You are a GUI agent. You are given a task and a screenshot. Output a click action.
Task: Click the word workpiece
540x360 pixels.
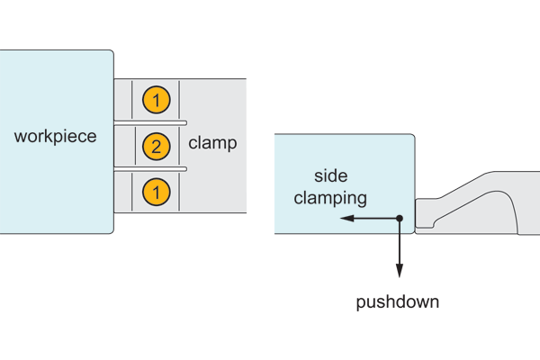click(56, 137)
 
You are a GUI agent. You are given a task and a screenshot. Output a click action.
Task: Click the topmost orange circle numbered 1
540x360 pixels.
click(156, 101)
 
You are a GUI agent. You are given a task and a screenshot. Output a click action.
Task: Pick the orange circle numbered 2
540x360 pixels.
click(156, 146)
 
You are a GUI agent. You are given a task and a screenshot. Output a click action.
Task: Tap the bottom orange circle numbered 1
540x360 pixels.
click(156, 191)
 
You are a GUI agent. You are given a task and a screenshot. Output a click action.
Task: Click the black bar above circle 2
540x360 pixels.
click(150, 122)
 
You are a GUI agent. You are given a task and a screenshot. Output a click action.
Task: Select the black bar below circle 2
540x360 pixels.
click(150, 168)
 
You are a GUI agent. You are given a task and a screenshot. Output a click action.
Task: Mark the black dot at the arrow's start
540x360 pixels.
click(400, 219)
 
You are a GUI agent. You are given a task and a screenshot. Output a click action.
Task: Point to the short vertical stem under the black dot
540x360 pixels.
click(400, 228)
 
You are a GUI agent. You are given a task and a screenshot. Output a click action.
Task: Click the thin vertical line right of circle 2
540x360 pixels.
click(179, 146)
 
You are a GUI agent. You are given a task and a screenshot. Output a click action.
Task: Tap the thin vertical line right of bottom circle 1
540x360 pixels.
click(179, 191)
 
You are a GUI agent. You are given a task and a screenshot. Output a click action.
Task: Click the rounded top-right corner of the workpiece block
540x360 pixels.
click(111, 53)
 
